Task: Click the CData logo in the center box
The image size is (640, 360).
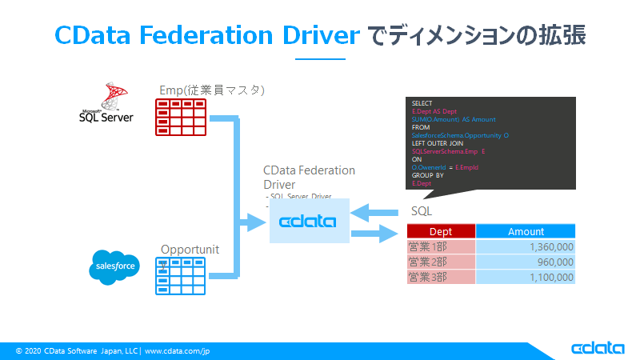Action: (x=308, y=221)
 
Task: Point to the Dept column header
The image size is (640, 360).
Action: (x=441, y=231)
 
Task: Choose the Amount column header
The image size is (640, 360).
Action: (x=526, y=231)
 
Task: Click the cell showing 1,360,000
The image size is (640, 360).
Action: (x=526, y=247)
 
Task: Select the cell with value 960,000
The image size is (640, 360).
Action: (x=526, y=262)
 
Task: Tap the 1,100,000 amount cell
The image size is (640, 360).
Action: (x=526, y=277)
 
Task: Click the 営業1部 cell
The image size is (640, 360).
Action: (x=441, y=247)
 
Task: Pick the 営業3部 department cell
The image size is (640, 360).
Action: (x=441, y=277)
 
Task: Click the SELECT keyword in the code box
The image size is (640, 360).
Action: (x=422, y=104)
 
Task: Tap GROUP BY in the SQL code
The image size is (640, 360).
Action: (x=427, y=175)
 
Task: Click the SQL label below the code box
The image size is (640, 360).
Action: (x=422, y=210)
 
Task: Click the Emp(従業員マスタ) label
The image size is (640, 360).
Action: (x=212, y=89)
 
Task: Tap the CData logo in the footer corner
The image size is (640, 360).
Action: (x=599, y=349)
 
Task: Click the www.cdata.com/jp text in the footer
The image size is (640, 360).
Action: (x=177, y=350)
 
